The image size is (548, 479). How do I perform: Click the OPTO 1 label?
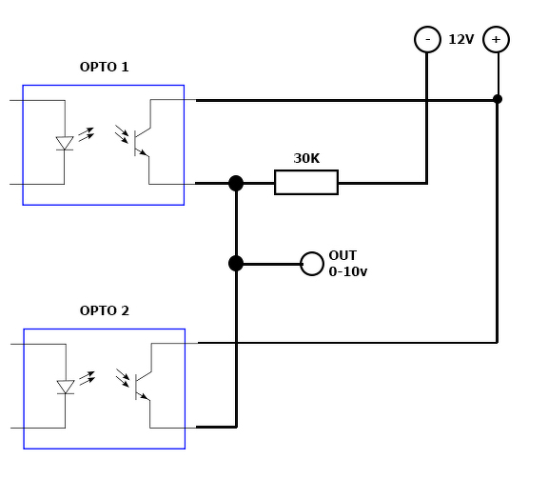click(104, 67)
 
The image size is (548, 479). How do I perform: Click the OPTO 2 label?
click(104, 310)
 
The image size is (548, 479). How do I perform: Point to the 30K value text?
click(306, 158)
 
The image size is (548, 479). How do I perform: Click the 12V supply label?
click(461, 39)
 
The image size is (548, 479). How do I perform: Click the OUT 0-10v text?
click(348, 264)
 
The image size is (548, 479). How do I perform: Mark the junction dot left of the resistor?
click(236, 183)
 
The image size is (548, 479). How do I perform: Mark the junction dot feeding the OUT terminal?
click(236, 264)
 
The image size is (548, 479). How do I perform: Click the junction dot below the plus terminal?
click(498, 99)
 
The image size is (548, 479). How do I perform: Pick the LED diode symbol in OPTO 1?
click(65, 143)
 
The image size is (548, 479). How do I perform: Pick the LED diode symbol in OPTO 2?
click(66, 387)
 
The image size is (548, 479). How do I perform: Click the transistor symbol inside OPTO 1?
click(143, 143)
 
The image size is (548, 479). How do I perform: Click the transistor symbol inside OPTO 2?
click(144, 387)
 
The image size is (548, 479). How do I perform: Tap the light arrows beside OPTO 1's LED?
click(87, 134)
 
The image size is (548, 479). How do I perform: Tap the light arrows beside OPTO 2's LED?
click(87, 378)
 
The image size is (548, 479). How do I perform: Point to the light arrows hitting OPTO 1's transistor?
click(122, 133)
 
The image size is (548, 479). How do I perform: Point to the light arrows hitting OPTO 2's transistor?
click(123, 377)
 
